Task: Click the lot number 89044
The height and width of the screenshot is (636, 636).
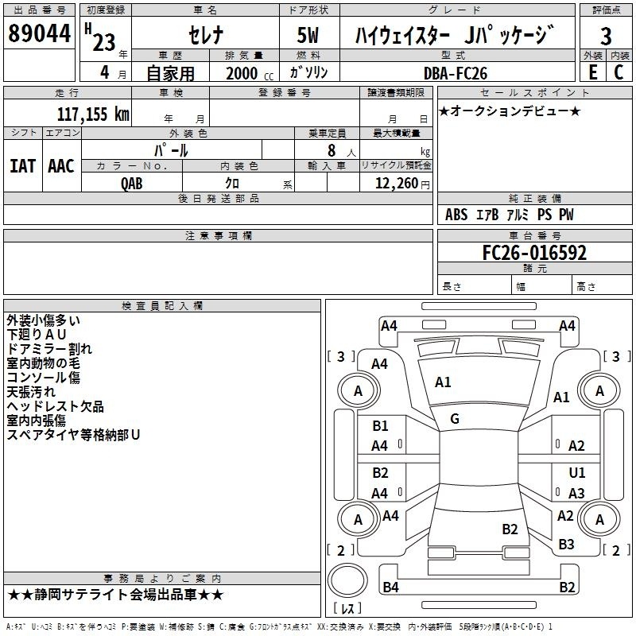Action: click(x=39, y=33)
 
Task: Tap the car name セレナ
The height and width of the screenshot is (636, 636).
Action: click(x=206, y=35)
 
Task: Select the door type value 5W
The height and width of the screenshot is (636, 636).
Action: click(x=308, y=35)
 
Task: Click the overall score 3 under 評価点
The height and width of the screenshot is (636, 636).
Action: click(x=606, y=36)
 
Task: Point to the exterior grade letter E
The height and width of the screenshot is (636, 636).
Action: click(x=592, y=72)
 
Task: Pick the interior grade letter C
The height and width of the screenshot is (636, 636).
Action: click(x=619, y=72)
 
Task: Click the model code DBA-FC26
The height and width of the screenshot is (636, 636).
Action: click(x=455, y=73)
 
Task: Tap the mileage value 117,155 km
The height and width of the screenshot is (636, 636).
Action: click(x=93, y=114)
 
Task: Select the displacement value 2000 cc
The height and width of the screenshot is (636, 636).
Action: click(x=250, y=73)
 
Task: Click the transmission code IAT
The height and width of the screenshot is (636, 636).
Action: click(x=22, y=166)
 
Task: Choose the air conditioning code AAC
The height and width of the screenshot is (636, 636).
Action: click(x=61, y=166)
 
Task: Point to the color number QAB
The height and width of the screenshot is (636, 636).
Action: click(x=132, y=184)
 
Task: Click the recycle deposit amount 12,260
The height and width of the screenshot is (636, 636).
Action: click(x=397, y=183)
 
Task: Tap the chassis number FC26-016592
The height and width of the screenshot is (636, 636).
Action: click(x=534, y=252)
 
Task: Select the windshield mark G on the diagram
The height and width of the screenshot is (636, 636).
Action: click(x=455, y=418)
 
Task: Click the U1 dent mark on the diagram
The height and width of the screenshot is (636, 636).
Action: click(x=577, y=472)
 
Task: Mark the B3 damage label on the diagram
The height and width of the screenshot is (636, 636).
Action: click(x=566, y=544)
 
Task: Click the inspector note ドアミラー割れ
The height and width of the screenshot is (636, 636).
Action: click(x=49, y=349)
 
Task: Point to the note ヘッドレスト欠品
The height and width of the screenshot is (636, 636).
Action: click(x=55, y=406)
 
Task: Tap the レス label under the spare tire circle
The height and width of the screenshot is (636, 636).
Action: click(x=347, y=608)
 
